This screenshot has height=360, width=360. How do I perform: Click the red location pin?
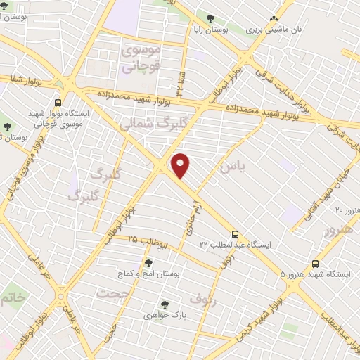pyautogui.click(x=181, y=165)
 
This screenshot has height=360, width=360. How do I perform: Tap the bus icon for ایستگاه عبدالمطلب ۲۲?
pyautogui.click(x=235, y=234)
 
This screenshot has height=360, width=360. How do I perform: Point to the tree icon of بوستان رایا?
pyautogui.click(x=212, y=18)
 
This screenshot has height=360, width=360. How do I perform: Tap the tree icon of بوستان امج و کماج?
pyautogui.click(x=148, y=262)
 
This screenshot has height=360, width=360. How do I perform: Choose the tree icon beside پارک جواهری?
pyautogui.click(x=165, y=304)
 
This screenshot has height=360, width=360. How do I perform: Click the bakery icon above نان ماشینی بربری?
pyautogui.click(x=274, y=20)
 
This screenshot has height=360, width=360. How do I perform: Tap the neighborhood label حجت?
pyautogui.click(x=115, y=293)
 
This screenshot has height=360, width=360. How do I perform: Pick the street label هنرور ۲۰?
pyautogui.click(x=347, y=210)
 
